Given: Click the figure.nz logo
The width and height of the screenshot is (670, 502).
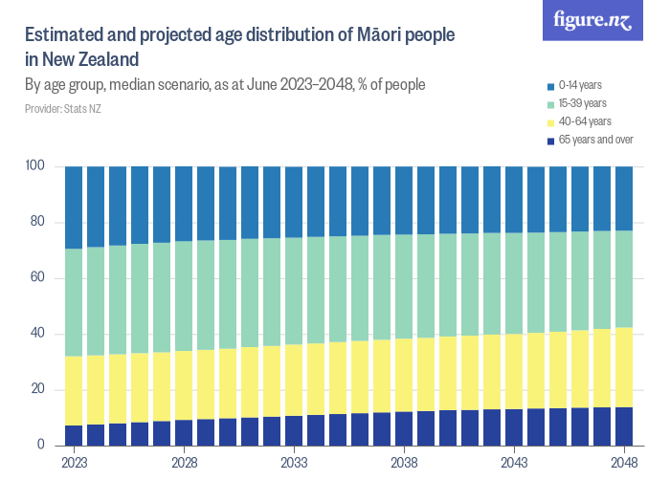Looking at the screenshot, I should tap(592, 21).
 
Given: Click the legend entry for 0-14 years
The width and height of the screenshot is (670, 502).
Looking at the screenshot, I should tap(580, 86).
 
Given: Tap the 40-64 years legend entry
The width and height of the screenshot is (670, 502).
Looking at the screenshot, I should tap(584, 121).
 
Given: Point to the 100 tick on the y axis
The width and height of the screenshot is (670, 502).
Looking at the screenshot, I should tap(34, 167).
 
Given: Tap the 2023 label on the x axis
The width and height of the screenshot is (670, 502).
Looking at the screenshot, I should tap(74, 462).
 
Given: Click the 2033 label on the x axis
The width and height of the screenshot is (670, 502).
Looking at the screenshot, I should tap(294, 462).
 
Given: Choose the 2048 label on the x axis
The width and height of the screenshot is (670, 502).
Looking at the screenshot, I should tap(624, 462).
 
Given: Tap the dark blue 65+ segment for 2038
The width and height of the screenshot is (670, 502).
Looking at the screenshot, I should tap(404, 428).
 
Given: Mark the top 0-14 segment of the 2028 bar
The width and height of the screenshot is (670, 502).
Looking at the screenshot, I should tap(184, 204).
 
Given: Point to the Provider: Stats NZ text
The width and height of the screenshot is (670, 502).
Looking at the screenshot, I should tap(62, 110).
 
